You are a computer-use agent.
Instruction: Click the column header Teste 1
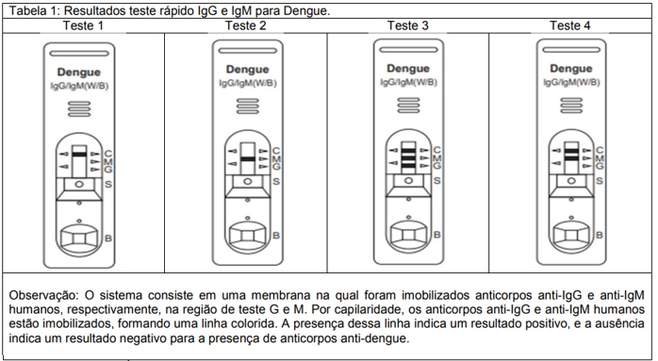click(x=83, y=25)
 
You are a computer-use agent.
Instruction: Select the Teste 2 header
click(x=243, y=25)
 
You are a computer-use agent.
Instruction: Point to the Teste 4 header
click(x=570, y=25)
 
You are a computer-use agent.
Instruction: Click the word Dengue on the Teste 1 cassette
click(x=83, y=72)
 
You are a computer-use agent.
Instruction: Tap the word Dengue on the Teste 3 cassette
click(x=407, y=69)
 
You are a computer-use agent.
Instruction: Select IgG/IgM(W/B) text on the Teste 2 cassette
click(x=246, y=83)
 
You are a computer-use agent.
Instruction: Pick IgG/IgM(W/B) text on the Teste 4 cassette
click(x=570, y=81)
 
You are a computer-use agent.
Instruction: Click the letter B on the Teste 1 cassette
click(x=109, y=238)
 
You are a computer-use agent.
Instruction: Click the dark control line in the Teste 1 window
click(x=82, y=152)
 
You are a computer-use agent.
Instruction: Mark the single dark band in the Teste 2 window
click(x=247, y=159)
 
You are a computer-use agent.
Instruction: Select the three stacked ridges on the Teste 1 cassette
click(x=83, y=110)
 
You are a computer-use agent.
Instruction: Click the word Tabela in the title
click(x=26, y=8)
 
